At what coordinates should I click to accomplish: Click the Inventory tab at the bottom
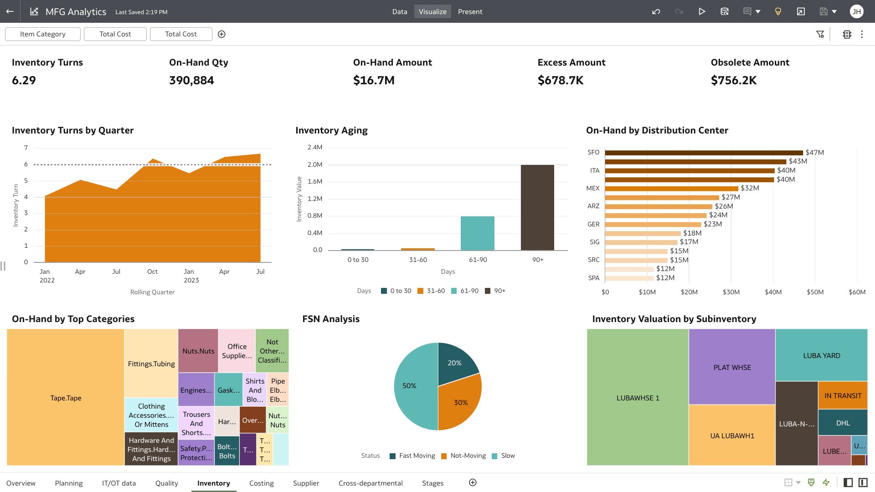213,483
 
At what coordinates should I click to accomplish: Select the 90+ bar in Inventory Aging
537,207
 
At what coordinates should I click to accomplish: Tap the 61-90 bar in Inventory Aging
477,233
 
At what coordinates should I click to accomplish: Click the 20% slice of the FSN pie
456,363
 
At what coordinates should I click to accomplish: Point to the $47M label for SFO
814,153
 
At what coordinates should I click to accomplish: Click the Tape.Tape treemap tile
66,398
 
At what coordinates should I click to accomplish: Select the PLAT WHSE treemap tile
732,367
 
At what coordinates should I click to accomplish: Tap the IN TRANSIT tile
843,395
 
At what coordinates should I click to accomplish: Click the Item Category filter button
43,34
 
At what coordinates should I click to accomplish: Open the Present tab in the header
470,12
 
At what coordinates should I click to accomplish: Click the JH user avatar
856,12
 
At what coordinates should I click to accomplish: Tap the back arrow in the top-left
10,12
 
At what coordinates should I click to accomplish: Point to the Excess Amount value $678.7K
561,81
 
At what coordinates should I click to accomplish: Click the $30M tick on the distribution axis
731,292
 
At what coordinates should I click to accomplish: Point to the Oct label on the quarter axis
152,272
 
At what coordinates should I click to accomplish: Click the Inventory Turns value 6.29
24,81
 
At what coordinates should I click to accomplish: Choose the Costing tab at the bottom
261,483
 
